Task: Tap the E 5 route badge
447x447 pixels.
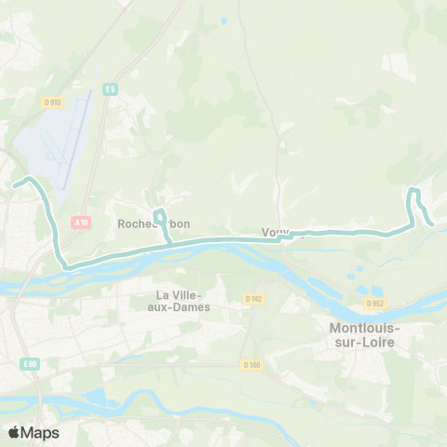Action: [x=111, y=88]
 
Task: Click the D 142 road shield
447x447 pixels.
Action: [x=253, y=299]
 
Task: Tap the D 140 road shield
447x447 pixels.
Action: [x=248, y=364]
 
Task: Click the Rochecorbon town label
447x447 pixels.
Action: [x=153, y=224]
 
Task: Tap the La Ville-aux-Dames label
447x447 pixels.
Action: [x=183, y=301]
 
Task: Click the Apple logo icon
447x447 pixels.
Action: [x=14, y=432]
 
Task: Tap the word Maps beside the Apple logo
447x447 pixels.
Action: [x=40, y=432]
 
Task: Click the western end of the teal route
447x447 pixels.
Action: [x=15, y=184]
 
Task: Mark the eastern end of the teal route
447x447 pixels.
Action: [x=433, y=223]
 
